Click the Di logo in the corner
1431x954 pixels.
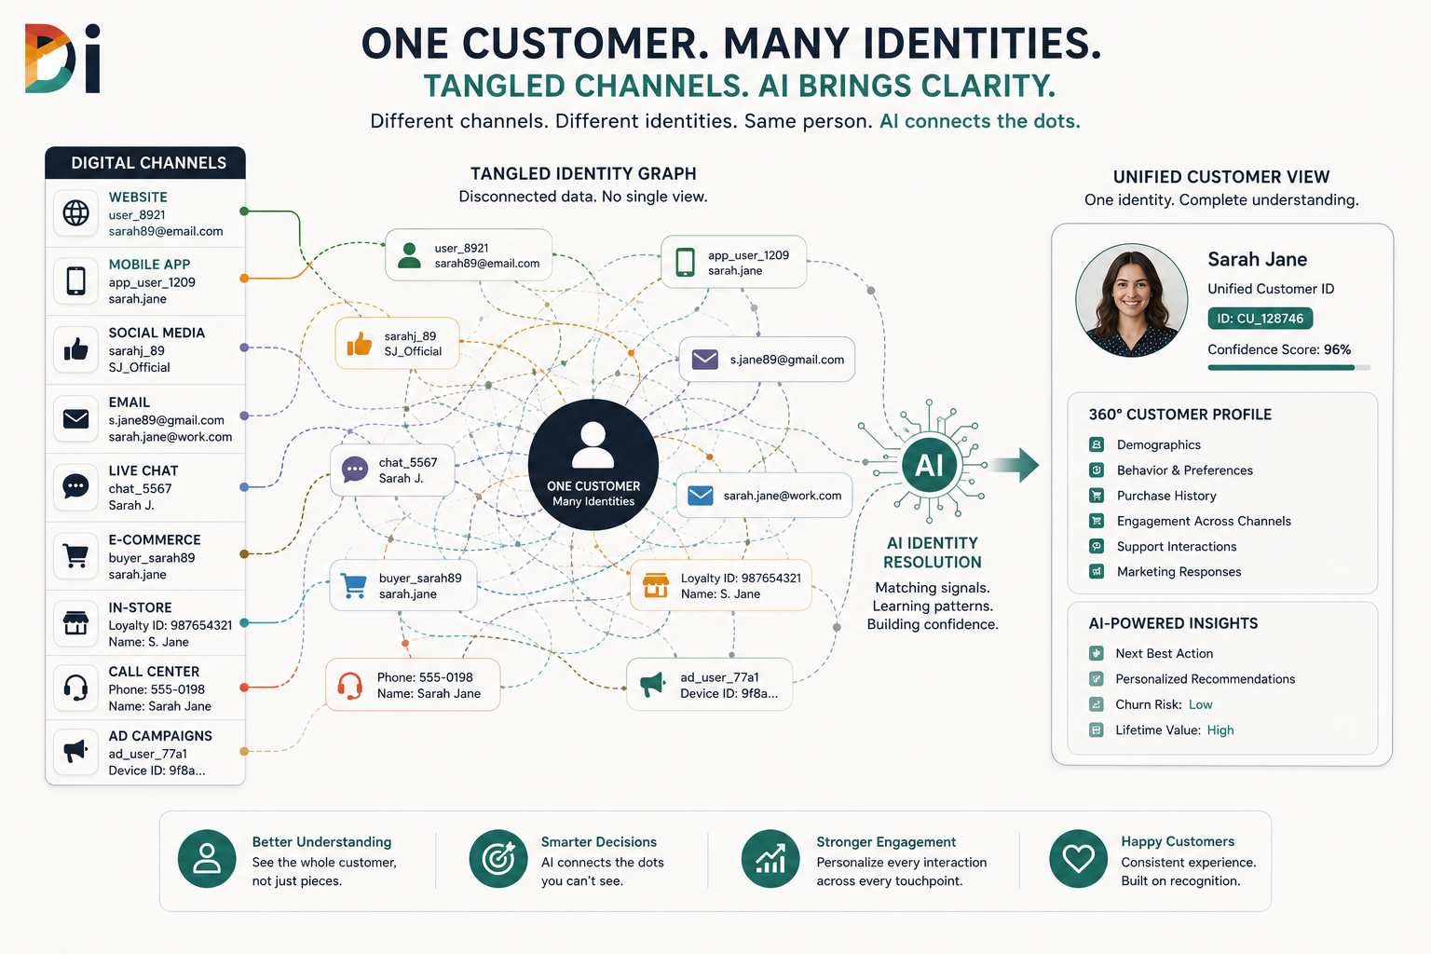tap(62, 59)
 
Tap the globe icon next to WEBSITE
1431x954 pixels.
tap(76, 212)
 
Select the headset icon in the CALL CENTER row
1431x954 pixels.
tap(76, 688)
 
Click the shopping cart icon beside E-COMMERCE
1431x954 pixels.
tap(76, 555)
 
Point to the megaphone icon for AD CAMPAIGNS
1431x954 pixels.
tap(76, 751)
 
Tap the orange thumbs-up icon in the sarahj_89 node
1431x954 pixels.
tap(359, 344)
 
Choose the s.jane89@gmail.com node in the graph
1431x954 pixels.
tap(767, 359)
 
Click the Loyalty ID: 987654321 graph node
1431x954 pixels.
tap(720, 585)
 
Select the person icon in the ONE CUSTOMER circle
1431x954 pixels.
tap(593, 444)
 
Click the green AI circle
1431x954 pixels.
tap(930, 465)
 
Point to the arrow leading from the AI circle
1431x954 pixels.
tap(1015, 465)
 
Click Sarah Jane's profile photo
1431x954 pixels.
tap(1131, 300)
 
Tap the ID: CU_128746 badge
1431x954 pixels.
tap(1260, 319)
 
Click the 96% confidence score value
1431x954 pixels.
tap(1337, 349)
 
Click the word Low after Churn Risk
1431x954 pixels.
tap(1200, 704)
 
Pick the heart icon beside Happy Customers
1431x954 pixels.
tap(1078, 859)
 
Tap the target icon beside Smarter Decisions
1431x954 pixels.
tap(498, 859)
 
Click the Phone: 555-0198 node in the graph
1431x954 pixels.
tap(413, 685)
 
